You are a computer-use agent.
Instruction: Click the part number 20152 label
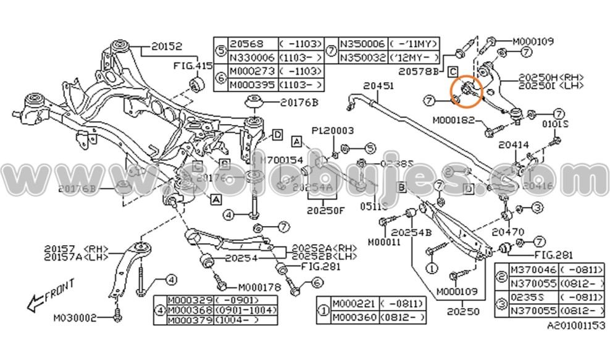[167, 46]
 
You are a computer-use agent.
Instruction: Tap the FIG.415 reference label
[192, 65]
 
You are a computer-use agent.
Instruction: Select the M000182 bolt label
[454, 120]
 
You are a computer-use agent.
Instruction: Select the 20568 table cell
[246, 44]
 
